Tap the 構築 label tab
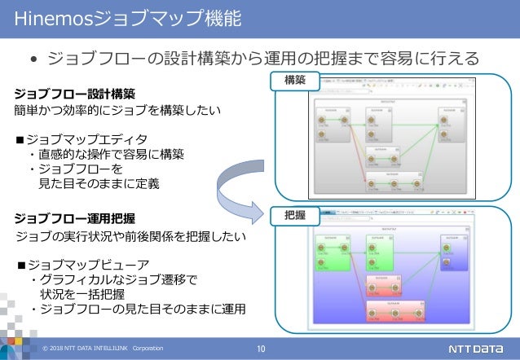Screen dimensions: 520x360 click(x=295, y=81)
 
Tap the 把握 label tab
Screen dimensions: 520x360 click(x=295, y=215)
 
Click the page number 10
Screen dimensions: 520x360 click(x=261, y=349)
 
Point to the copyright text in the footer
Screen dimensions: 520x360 click(x=98, y=349)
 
